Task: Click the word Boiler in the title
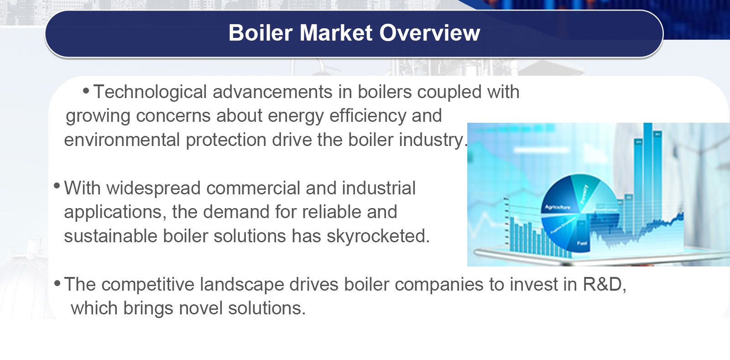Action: point(260,33)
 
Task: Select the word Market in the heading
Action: point(336,33)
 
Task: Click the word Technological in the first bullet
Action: point(150,92)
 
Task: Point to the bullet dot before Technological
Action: point(86,91)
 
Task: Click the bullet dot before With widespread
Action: point(57,186)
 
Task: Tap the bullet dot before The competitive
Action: point(57,283)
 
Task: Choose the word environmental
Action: point(122,140)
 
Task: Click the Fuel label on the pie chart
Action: point(582,243)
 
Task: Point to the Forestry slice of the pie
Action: point(584,192)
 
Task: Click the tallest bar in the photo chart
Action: point(648,173)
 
